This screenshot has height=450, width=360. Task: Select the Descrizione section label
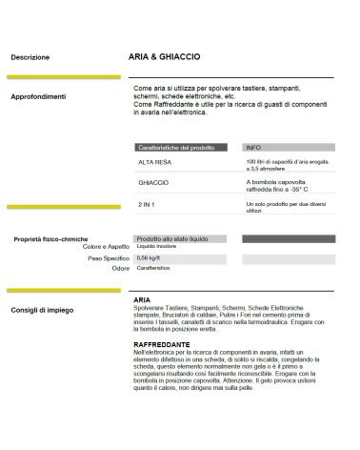tap(30, 58)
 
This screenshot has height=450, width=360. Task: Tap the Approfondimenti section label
tap(38, 96)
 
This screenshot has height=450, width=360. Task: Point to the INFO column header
tap(253, 149)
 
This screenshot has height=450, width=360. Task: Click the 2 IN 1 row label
tap(146, 205)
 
